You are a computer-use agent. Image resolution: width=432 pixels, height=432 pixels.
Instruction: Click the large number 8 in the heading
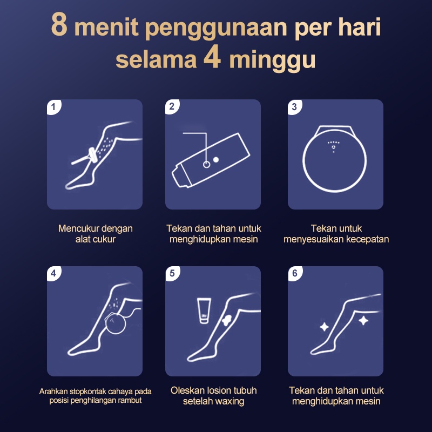click(x=59, y=24)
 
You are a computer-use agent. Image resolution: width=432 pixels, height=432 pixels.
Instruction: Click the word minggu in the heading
click(x=272, y=60)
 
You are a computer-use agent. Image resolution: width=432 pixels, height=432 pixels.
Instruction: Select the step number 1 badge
click(x=53, y=107)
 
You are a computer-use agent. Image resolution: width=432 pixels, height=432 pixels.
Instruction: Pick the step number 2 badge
click(x=172, y=106)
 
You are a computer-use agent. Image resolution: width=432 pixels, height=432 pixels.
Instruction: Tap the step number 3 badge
click(x=294, y=107)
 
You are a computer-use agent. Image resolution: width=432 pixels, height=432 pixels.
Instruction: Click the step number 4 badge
click(x=53, y=273)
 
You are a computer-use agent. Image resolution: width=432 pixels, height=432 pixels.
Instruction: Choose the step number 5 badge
click(x=172, y=273)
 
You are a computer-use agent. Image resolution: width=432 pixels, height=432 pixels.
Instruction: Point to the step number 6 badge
click(x=295, y=273)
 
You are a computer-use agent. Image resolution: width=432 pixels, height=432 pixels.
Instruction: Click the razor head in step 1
click(x=92, y=156)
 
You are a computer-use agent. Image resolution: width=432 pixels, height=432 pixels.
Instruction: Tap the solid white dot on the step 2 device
click(x=216, y=159)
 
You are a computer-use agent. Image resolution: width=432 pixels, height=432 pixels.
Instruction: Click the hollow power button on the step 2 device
click(x=206, y=165)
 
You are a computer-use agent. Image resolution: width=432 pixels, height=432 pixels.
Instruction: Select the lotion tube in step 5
click(x=204, y=310)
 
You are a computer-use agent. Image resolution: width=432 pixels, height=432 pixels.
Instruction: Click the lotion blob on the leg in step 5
click(x=226, y=320)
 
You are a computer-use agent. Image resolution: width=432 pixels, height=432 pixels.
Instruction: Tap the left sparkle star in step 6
click(x=325, y=327)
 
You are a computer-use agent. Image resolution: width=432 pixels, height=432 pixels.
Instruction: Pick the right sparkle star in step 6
click(x=363, y=321)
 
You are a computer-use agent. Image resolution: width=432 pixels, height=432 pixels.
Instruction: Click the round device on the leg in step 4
click(x=115, y=323)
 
